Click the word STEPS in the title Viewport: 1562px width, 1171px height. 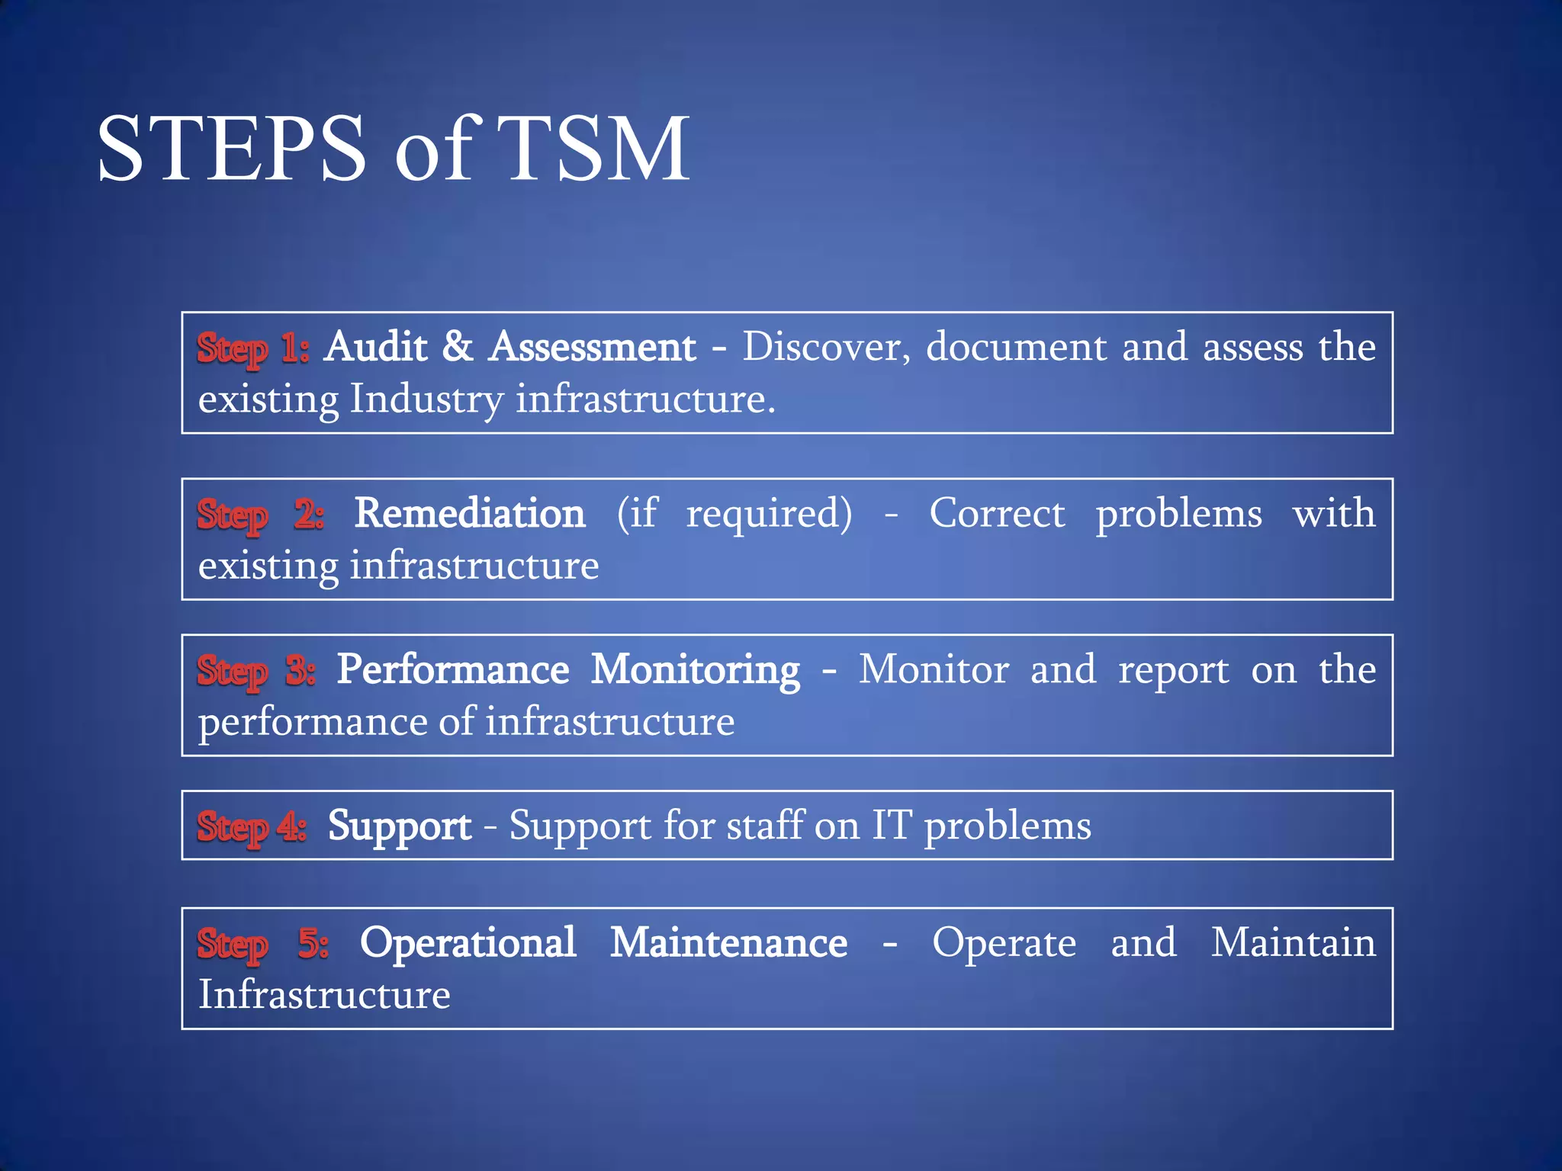[231, 148]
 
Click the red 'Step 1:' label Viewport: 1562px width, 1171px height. [252, 348]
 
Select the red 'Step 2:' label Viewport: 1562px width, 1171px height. [260, 515]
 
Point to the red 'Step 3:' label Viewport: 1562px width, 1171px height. [256, 671]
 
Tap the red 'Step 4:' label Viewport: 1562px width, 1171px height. [252, 826]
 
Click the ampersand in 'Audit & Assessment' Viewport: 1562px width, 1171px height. [458, 347]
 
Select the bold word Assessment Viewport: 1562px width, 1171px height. [593, 348]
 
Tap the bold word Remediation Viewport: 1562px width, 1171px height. [470, 514]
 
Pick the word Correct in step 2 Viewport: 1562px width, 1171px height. [997, 514]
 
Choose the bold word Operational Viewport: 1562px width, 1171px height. [468, 944]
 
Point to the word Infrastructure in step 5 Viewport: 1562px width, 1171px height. [324, 996]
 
